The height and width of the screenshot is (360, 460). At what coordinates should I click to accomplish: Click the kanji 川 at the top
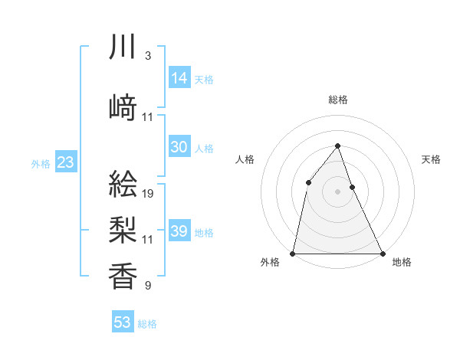[123, 47]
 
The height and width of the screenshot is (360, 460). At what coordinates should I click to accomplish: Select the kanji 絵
[123, 186]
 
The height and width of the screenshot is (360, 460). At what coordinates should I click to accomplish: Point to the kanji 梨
[123, 230]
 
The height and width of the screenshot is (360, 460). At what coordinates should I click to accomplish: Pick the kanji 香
[123, 276]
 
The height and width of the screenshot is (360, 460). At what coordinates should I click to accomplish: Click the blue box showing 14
[179, 78]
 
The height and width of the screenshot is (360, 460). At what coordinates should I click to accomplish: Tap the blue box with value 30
[179, 147]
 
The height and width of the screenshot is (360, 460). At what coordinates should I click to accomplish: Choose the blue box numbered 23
[65, 162]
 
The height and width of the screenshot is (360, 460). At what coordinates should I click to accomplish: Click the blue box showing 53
[123, 322]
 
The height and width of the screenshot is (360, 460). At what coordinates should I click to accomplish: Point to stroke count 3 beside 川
[147, 57]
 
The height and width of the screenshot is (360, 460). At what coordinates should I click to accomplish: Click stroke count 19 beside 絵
[148, 194]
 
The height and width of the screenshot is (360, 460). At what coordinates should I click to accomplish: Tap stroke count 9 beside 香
[147, 286]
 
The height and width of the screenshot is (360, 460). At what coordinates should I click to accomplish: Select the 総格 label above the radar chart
[337, 100]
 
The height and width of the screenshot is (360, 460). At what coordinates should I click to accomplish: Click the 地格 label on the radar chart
[402, 263]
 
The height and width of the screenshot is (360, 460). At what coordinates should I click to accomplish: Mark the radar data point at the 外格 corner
[293, 254]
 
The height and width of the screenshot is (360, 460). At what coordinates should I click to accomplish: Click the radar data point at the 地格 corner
[382, 254]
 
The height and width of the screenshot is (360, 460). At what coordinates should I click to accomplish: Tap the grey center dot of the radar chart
[337, 191]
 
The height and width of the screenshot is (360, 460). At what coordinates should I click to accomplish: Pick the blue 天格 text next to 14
[204, 79]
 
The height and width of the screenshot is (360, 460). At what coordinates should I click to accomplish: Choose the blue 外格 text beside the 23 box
[41, 163]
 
